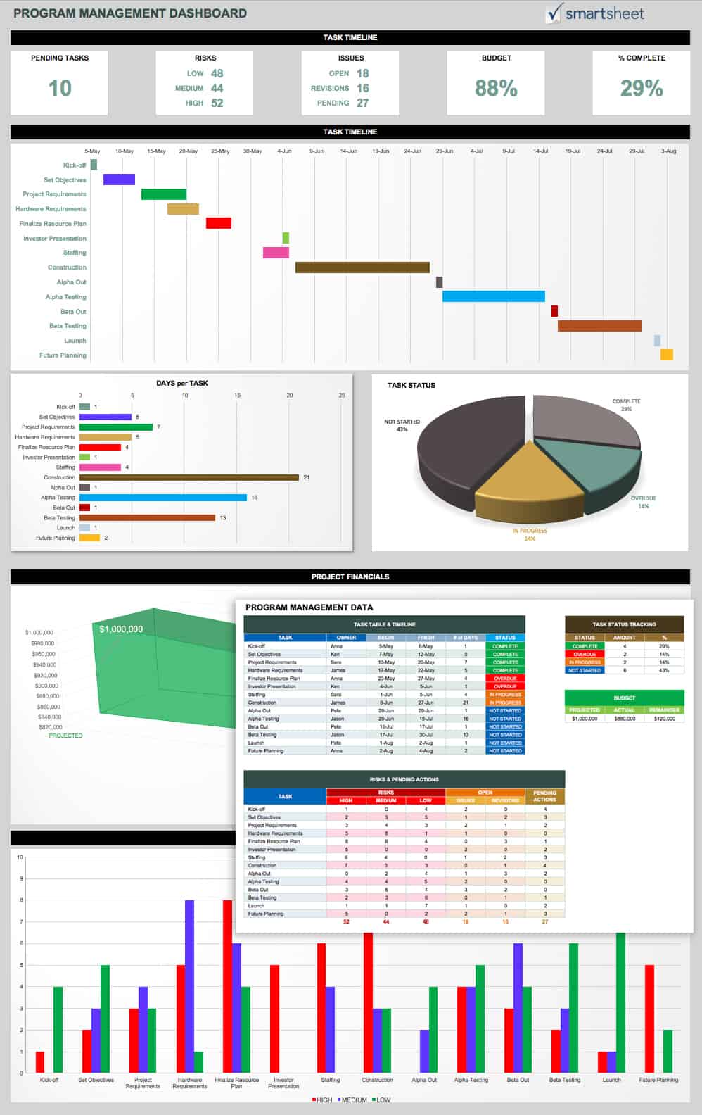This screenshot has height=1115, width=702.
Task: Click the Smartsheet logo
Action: [x=595, y=13]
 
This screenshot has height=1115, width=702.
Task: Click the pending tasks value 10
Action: [x=60, y=88]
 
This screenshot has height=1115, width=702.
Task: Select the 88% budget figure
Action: [x=496, y=88]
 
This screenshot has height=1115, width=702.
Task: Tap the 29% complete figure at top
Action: [x=642, y=88]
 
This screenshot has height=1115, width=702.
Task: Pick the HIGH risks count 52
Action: [x=217, y=103]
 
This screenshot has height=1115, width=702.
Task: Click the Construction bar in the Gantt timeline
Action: [x=362, y=267]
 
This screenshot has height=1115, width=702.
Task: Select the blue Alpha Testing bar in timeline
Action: [x=493, y=296]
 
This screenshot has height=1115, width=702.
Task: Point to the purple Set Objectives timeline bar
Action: [x=119, y=179]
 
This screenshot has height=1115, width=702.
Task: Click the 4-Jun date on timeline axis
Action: [x=284, y=151]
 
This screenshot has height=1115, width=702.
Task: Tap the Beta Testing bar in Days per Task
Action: [x=147, y=517]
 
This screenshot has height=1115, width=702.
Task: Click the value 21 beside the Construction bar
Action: [x=307, y=477]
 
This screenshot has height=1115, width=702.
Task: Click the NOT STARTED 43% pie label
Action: [x=402, y=425]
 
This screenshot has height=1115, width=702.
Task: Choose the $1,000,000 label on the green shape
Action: [x=121, y=629]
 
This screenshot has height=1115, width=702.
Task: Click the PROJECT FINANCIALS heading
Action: [x=350, y=577]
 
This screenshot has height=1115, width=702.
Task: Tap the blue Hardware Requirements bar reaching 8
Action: [x=189, y=985]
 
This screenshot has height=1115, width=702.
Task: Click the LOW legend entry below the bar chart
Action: [x=381, y=1100]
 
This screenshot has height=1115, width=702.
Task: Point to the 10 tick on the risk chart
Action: [x=20, y=857]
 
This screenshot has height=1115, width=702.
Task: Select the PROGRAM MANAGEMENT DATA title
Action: [x=309, y=607]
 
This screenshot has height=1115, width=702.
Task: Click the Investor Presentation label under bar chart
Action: [x=283, y=1083]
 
